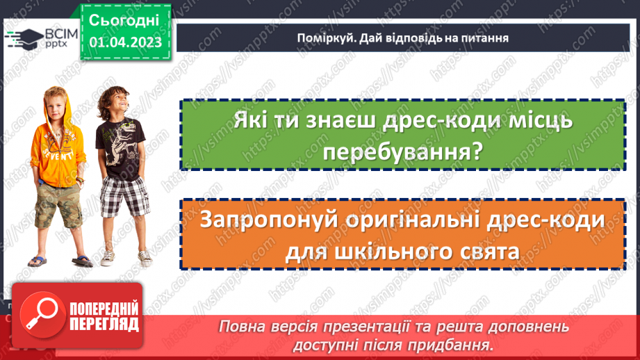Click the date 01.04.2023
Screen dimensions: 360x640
125,42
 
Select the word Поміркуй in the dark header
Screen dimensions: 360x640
315,38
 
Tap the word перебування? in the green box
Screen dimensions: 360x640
402,152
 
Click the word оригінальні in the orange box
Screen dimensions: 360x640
412,220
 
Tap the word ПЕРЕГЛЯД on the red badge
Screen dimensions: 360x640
103,323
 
